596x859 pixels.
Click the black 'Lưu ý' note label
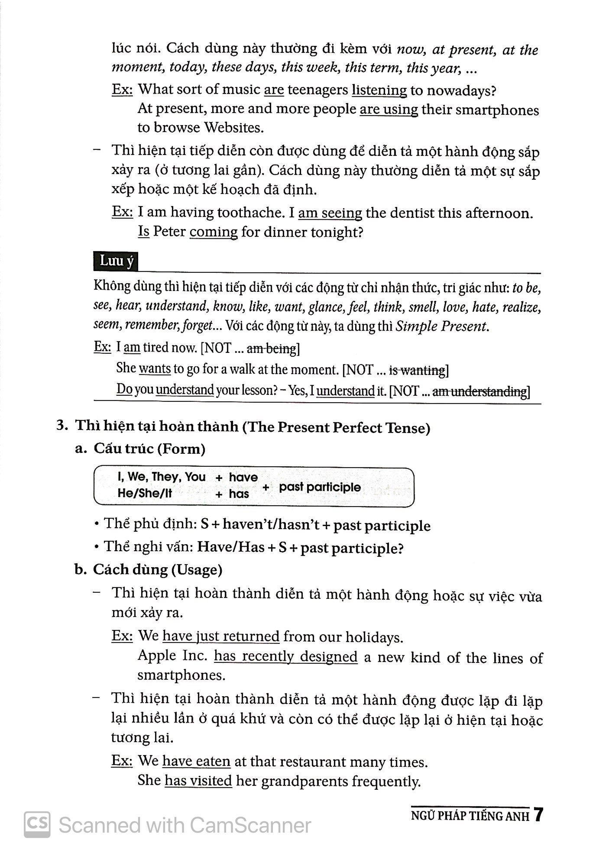(116, 262)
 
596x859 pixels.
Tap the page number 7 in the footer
(538, 815)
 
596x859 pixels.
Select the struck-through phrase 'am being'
(272, 348)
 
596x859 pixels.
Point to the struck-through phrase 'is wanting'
(417, 370)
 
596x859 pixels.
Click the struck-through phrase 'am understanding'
(479, 391)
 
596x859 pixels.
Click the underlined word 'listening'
(379, 90)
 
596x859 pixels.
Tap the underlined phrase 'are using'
(389, 110)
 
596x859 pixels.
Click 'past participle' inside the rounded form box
(320, 487)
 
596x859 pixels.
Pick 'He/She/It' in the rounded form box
(145, 494)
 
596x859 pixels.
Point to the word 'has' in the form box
(239, 494)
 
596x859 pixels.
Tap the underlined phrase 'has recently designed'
(285, 657)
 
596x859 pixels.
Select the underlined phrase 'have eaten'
(196, 762)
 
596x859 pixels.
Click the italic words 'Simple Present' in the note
(441, 326)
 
